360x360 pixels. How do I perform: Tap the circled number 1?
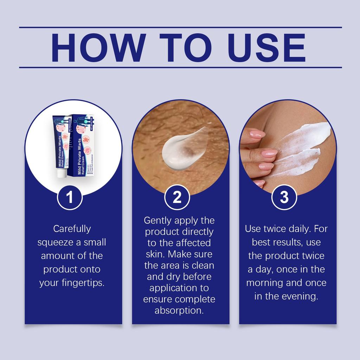point(70,197)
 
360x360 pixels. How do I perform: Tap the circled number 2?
point(177,197)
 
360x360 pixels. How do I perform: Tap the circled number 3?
point(284,197)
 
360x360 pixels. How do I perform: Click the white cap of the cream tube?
point(62,173)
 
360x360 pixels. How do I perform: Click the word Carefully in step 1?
point(72,229)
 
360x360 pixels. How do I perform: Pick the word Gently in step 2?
point(158,221)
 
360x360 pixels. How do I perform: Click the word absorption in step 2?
point(179,311)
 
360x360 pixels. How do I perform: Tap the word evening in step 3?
point(300,296)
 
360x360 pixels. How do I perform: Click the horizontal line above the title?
point(180,27)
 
